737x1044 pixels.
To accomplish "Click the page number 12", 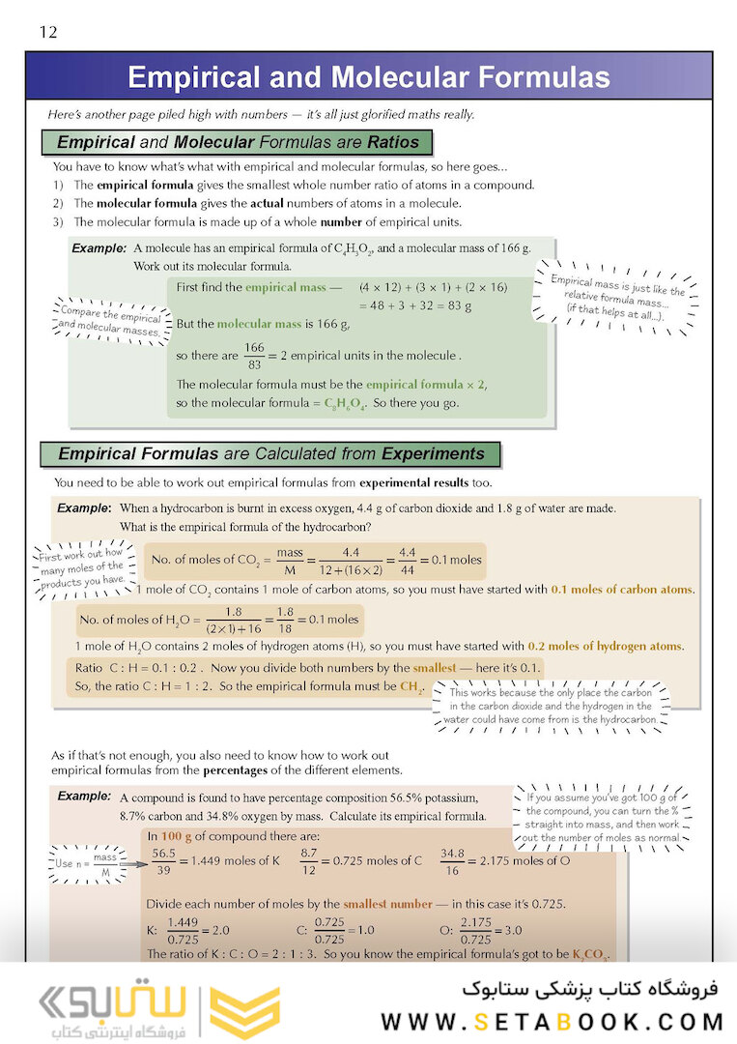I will tap(48, 33).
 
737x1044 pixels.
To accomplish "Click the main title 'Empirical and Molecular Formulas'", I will tap(368, 77).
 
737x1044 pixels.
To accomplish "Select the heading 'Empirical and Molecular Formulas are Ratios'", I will tap(239, 142).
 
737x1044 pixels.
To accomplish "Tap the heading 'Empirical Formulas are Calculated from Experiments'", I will tap(271, 453).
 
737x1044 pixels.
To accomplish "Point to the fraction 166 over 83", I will tap(254, 356).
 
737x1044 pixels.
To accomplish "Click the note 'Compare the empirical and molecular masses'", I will tap(110, 320).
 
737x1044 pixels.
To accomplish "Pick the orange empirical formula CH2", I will tap(411, 686).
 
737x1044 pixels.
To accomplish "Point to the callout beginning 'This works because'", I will tap(551, 707).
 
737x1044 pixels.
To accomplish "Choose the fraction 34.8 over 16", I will tap(452, 860).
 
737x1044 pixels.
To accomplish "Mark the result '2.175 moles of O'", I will tap(528, 860).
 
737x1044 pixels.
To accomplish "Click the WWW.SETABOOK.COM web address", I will tap(552, 1022).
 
